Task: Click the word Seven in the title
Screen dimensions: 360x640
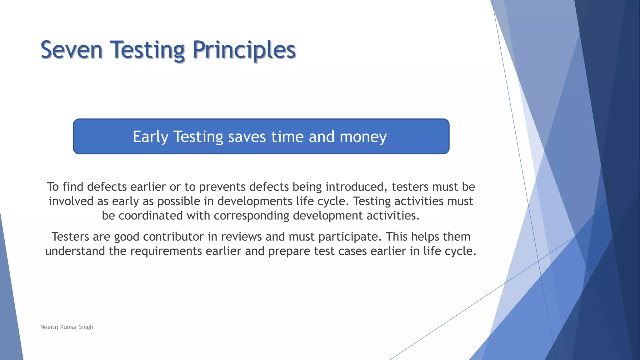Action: (72, 50)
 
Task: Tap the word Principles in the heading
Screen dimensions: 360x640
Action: (244, 50)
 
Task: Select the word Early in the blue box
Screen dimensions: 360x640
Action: (151, 137)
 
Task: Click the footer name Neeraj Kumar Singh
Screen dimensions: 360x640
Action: (67, 327)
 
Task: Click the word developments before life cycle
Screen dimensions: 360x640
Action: (255, 201)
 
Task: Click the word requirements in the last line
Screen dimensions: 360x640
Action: (166, 251)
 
